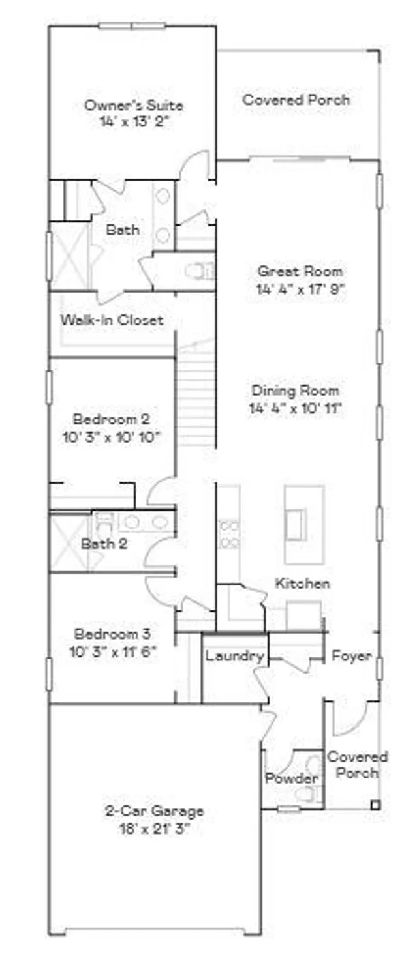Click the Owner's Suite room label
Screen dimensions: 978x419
[134, 105]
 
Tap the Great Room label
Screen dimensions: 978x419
[300, 271]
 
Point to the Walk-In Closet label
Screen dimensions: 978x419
[112, 320]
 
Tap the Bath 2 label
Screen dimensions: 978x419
[100, 543]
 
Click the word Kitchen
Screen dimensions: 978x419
[302, 583]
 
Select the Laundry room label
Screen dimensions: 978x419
[234, 656]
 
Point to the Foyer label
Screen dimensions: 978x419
[351, 655]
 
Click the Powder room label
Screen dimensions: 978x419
[291, 778]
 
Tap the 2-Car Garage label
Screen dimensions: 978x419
[154, 811]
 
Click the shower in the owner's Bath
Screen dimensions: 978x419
[69, 256]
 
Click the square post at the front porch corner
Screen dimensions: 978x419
[375, 805]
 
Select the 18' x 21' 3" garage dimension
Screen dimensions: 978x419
[154, 829]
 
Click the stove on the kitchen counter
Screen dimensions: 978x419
[228, 533]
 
